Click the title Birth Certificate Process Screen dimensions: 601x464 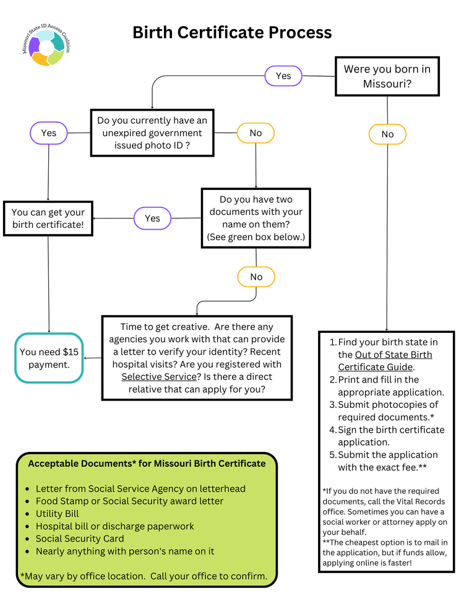pos(232,32)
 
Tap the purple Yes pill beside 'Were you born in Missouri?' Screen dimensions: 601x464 pos(283,76)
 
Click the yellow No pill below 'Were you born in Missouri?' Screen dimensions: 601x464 pos(387,134)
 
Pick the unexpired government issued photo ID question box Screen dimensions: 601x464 pos(153,133)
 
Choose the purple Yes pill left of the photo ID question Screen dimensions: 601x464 pos(49,133)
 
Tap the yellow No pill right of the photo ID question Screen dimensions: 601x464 pos(256,133)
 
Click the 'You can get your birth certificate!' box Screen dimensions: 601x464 pos(48,218)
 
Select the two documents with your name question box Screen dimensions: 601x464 pos(256,218)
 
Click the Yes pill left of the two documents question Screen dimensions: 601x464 pos(152,218)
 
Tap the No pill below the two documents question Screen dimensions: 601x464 pos(256,277)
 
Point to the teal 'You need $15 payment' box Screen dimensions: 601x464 pos(49,358)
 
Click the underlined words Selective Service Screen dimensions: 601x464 pos(158,376)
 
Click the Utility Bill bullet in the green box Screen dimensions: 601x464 pos(58,514)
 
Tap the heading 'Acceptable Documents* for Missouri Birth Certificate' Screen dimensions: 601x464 pos(147,463)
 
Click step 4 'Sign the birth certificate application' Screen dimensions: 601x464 pos(390,436)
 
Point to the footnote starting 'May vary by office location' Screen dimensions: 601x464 pos(144,576)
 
